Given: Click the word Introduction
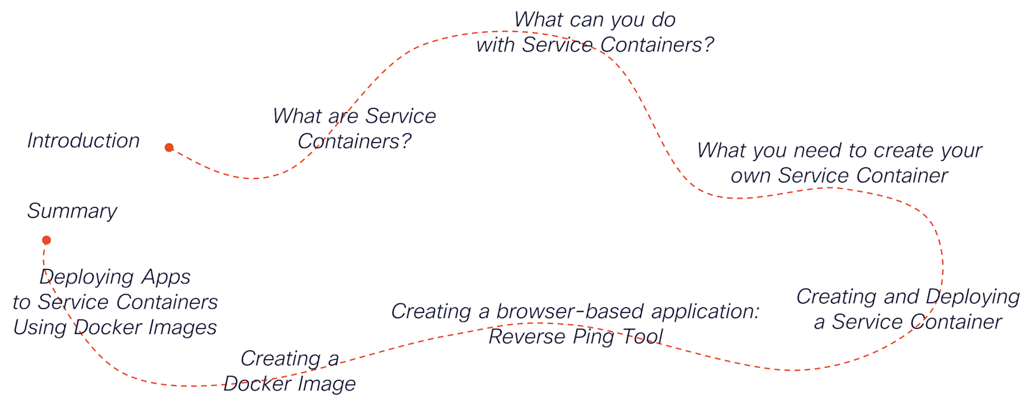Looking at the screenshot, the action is pos(84,141).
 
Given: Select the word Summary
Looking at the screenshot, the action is pos(72,211).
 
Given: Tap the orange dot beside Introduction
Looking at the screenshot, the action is pos(169,147).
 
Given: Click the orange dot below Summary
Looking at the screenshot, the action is pos(46,240).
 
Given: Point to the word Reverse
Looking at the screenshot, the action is pos(527,336).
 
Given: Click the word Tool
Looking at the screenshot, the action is pos(642,336).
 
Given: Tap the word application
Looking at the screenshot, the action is pos(705,312).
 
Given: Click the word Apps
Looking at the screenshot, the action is pos(166,278).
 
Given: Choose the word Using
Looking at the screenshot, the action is pos(40,328).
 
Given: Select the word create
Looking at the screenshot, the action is pos(904,151).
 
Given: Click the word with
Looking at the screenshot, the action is pos(495,45).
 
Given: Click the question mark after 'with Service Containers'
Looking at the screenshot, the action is pos(708,45).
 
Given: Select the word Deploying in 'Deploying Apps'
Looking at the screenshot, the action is pos(87,278).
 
